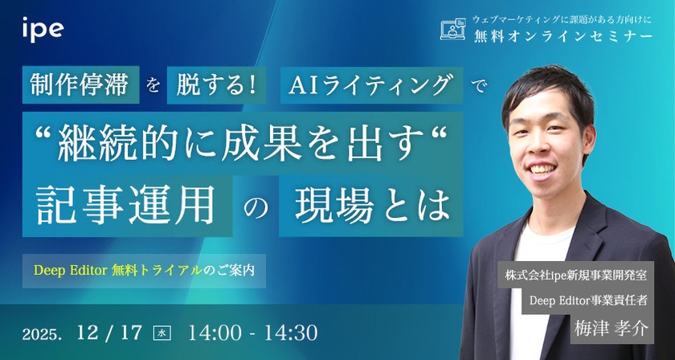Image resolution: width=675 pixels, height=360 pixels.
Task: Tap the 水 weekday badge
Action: [162, 332]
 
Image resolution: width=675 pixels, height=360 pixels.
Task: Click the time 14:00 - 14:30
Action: [252, 332]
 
